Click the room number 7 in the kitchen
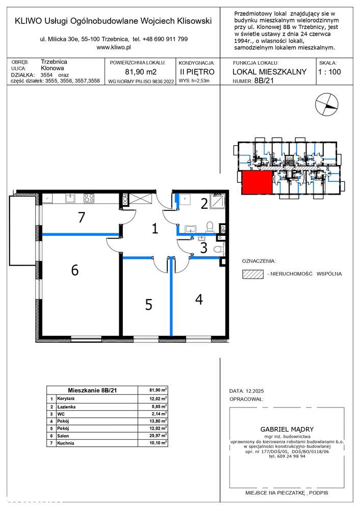pyautogui.click(x=82, y=218)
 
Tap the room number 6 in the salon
pyautogui.click(x=75, y=270)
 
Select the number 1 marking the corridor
pyautogui.click(x=155, y=228)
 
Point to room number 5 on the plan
pyautogui.click(x=148, y=305)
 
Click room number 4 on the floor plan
pyautogui.click(x=199, y=299)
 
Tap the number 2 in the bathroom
pyautogui.click(x=204, y=204)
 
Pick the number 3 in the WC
pyautogui.click(x=204, y=248)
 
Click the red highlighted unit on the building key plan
pyautogui.click(x=256, y=183)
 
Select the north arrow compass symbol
pyautogui.click(x=326, y=104)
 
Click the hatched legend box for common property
pyautogui.click(x=253, y=274)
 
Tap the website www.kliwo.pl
pyautogui.click(x=114, y=47)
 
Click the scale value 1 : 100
pyautogui.click(x=329, y=72)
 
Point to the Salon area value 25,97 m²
pyautogui.click(x=158, y=435)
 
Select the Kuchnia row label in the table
pyautogui.click(x=66, y=443)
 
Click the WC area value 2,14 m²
pyautogui.click(x=159, y=414)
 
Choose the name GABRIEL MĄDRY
pyautogui.click(x=287, y=429)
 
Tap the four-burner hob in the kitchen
pyautogui.click(x=89, y=198)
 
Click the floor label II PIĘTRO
pyautogui.click(x=197, y=72)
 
